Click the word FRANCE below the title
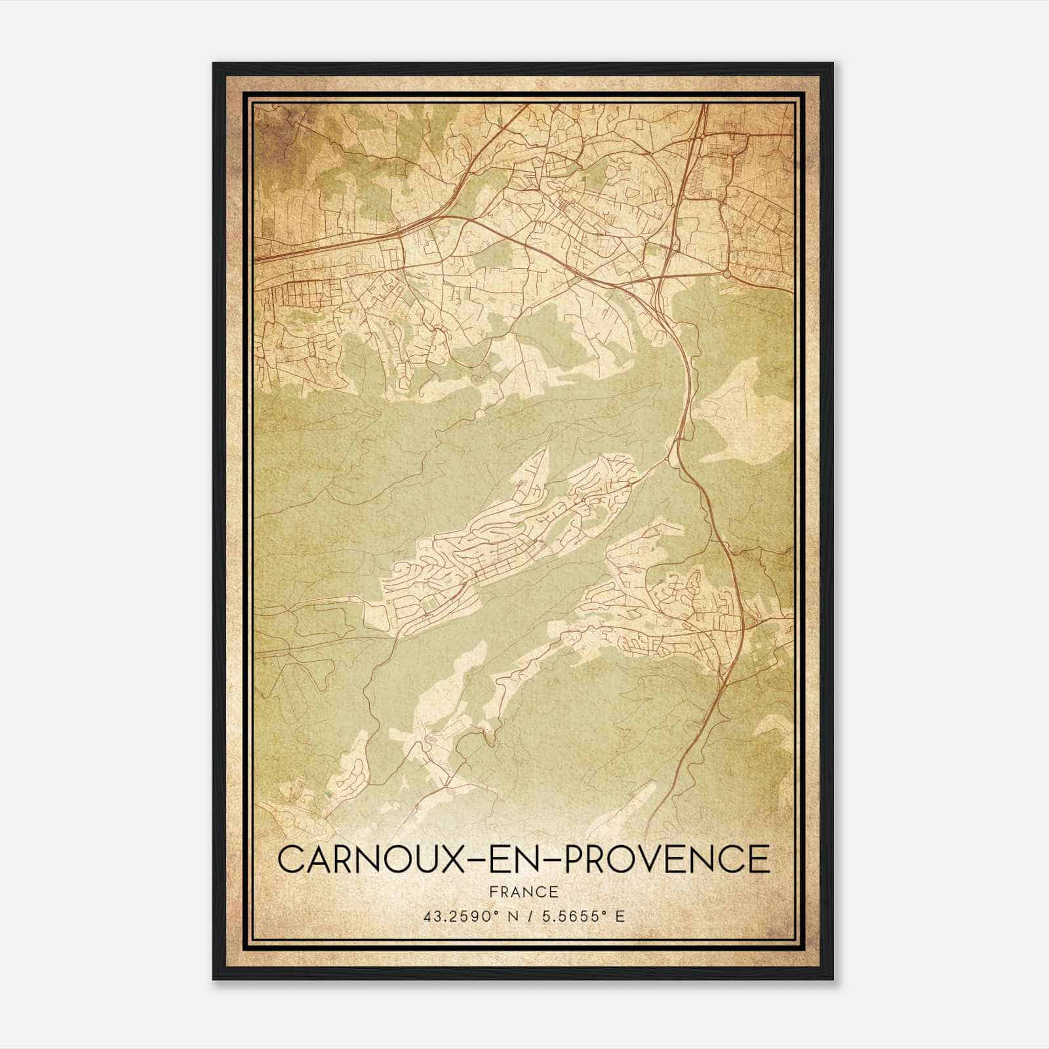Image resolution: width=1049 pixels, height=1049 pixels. [524, 892]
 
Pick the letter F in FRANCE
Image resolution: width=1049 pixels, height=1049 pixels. [494, 892]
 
